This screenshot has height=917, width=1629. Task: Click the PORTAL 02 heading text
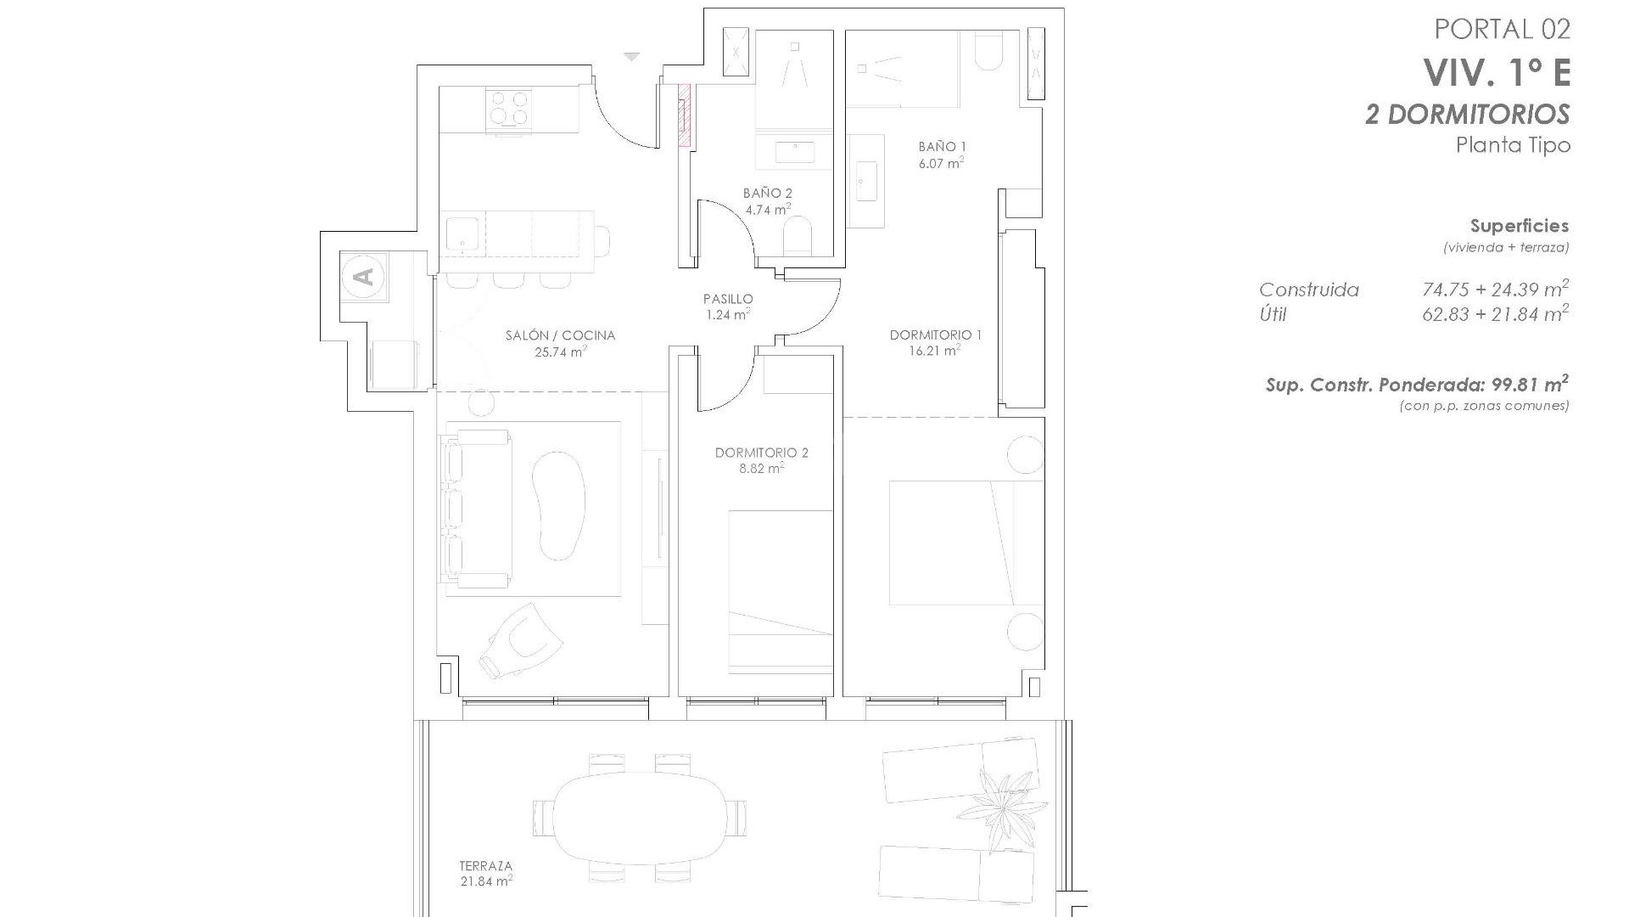[x=1502, y=29]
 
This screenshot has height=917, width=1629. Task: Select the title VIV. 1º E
[x=1497, y=73]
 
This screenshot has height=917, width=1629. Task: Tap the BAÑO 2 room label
[x=767, y=194]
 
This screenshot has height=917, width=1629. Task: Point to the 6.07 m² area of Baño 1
[x=941, y=162]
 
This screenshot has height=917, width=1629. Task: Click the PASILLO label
[x=728, y=299]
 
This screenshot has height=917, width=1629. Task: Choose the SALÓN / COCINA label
[x=560, y=335]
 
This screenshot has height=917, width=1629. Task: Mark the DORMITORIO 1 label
[x=935, y=335]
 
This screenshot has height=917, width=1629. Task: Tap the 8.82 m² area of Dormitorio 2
[x=761, y=468]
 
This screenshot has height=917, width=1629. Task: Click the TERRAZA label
[x=485, y=866]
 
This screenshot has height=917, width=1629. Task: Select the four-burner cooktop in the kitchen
[x=508, y=109]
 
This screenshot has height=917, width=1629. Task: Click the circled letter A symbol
[x=363, y=276]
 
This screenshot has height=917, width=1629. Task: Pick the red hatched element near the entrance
[x=684, y=114]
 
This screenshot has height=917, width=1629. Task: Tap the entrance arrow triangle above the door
[x=631, y=57]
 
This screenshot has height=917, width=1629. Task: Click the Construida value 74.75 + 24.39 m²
[x=1495, y=290]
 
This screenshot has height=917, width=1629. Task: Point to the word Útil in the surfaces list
[x=1273, y=315]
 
